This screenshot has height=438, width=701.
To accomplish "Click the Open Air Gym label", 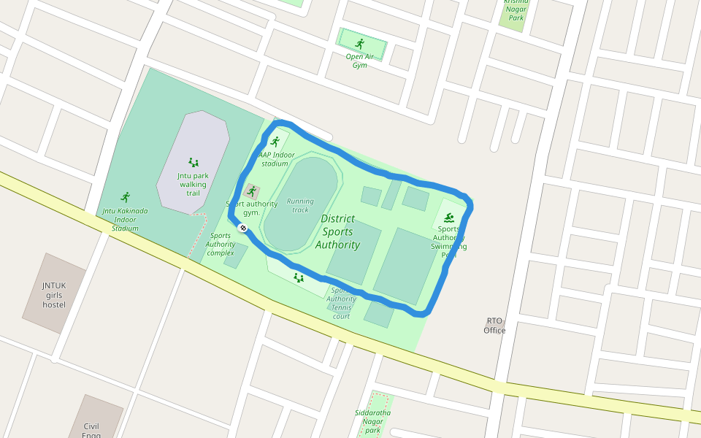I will (359, 61).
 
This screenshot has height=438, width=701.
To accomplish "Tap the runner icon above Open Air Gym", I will (359, 44).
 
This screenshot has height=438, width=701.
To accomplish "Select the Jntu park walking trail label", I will (193, 184).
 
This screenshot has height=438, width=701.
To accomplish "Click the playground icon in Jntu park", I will (194, 162).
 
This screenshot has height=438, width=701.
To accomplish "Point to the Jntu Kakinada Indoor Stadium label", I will (125, 219).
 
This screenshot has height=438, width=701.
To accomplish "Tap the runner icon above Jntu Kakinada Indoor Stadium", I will (126, 197).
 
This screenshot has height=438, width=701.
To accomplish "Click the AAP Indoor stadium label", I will (276, 159).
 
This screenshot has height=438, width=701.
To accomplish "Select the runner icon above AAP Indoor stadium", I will (275, 141).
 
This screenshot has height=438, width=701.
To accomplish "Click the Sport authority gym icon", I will (252, 191).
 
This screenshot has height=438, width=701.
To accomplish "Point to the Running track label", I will (300, 205).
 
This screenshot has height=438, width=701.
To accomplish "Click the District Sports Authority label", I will (337, 231).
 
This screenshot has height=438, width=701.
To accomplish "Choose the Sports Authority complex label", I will (221, 244).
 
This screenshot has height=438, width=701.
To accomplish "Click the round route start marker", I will (243, 228).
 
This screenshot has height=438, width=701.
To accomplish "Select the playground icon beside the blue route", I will (298, 277).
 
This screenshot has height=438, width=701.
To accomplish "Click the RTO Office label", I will (494, 326).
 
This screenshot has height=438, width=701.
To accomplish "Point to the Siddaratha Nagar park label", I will (373, 421).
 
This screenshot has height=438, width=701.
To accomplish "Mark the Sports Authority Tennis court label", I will (341, 303).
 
